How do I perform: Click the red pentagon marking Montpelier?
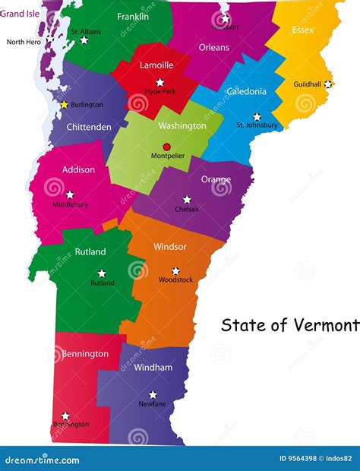tap(167, 147)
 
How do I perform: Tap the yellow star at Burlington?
tap(65, 105)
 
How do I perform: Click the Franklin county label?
tap(133, 16)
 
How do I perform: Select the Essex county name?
tap(303, 30)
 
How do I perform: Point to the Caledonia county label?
tap(247, 92)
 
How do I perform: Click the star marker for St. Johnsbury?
tap(257, 117)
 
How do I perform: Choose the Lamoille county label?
tap(156, 65)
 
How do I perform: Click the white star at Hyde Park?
tap(159, 82)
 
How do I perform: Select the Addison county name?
tap(79, 169)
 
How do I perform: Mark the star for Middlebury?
tap(70, 194)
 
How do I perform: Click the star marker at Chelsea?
tap(187, 199)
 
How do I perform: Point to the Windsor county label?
tap(169, 247)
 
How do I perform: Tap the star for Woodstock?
tap(175, 270)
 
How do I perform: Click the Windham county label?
tap(153, 368)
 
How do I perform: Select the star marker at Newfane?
tap(153, 394)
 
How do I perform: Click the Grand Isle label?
tap(19, 13)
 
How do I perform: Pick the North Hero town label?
tap(24, 42)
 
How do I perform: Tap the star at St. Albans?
tap(84, 40)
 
